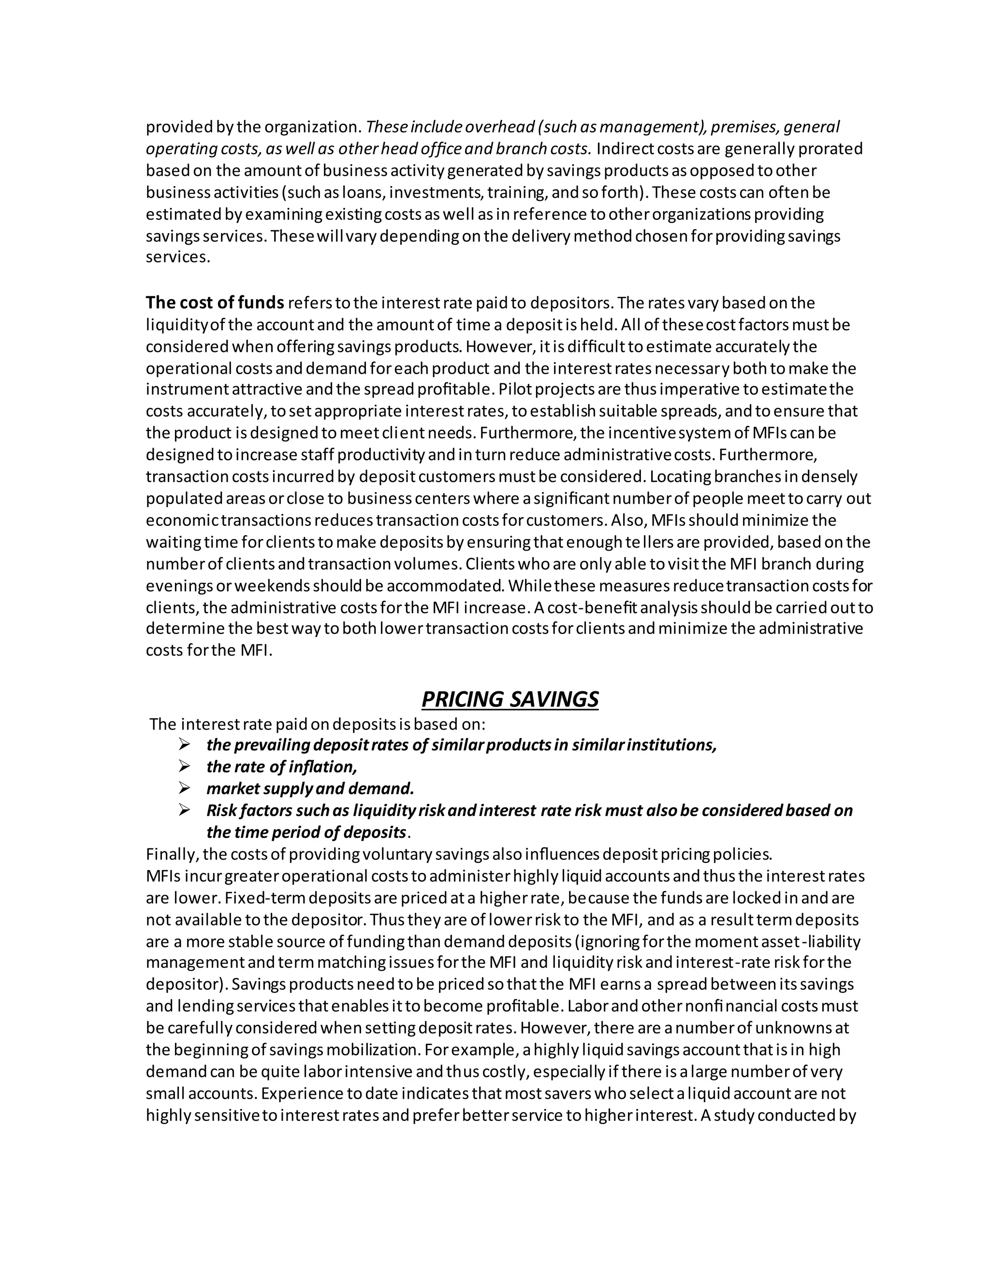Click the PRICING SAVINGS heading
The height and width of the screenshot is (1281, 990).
pyautogui.click(x=510, y=699)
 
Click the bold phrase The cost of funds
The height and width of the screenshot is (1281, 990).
pyautogui.click(x=215, y=303)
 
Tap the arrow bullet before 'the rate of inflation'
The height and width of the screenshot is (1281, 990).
pyautogui.click(x=185, y=766)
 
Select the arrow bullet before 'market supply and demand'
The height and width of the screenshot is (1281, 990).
pyautogui.click(x=185, y=788)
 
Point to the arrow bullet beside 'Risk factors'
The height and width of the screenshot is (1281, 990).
pyautogui.click(x=185, y=810)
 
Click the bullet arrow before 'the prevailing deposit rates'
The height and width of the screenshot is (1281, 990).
pyautogui.click(x=185, y=744)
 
